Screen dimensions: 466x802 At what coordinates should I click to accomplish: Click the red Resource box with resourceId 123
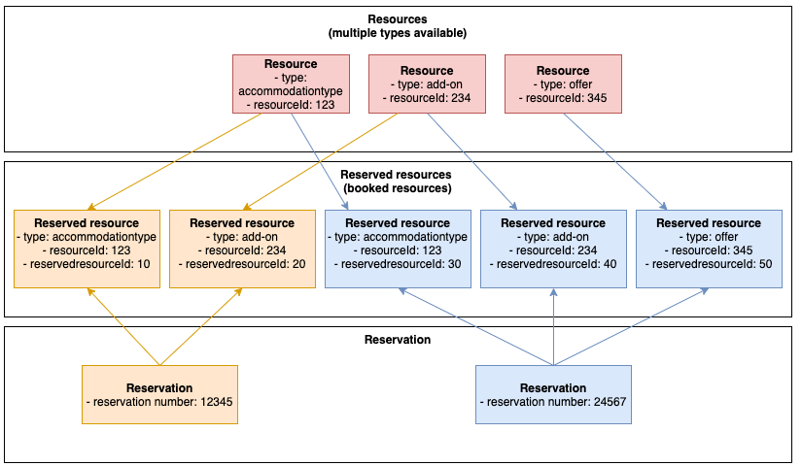point(291,84)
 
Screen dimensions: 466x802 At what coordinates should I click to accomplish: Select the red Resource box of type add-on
point(427,84)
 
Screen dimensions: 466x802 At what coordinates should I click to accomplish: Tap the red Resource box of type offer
point(563,84)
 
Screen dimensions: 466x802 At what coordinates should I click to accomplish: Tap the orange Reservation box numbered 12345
point(159,394)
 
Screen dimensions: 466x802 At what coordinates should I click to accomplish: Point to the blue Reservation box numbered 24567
point(553,394)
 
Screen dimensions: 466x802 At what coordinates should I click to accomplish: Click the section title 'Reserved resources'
point(398,176)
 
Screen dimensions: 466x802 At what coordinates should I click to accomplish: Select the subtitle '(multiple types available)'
point(398,33)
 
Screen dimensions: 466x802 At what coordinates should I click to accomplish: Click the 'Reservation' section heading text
point(398,340)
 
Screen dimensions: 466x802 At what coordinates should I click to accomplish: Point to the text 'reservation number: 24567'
point(553,402)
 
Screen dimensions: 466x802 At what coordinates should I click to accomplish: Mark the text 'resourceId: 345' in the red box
point(563,98)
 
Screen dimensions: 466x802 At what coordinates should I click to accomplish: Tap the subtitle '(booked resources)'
point(398,188)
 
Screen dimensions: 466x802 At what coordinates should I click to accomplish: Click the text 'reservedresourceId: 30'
point(398,264)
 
